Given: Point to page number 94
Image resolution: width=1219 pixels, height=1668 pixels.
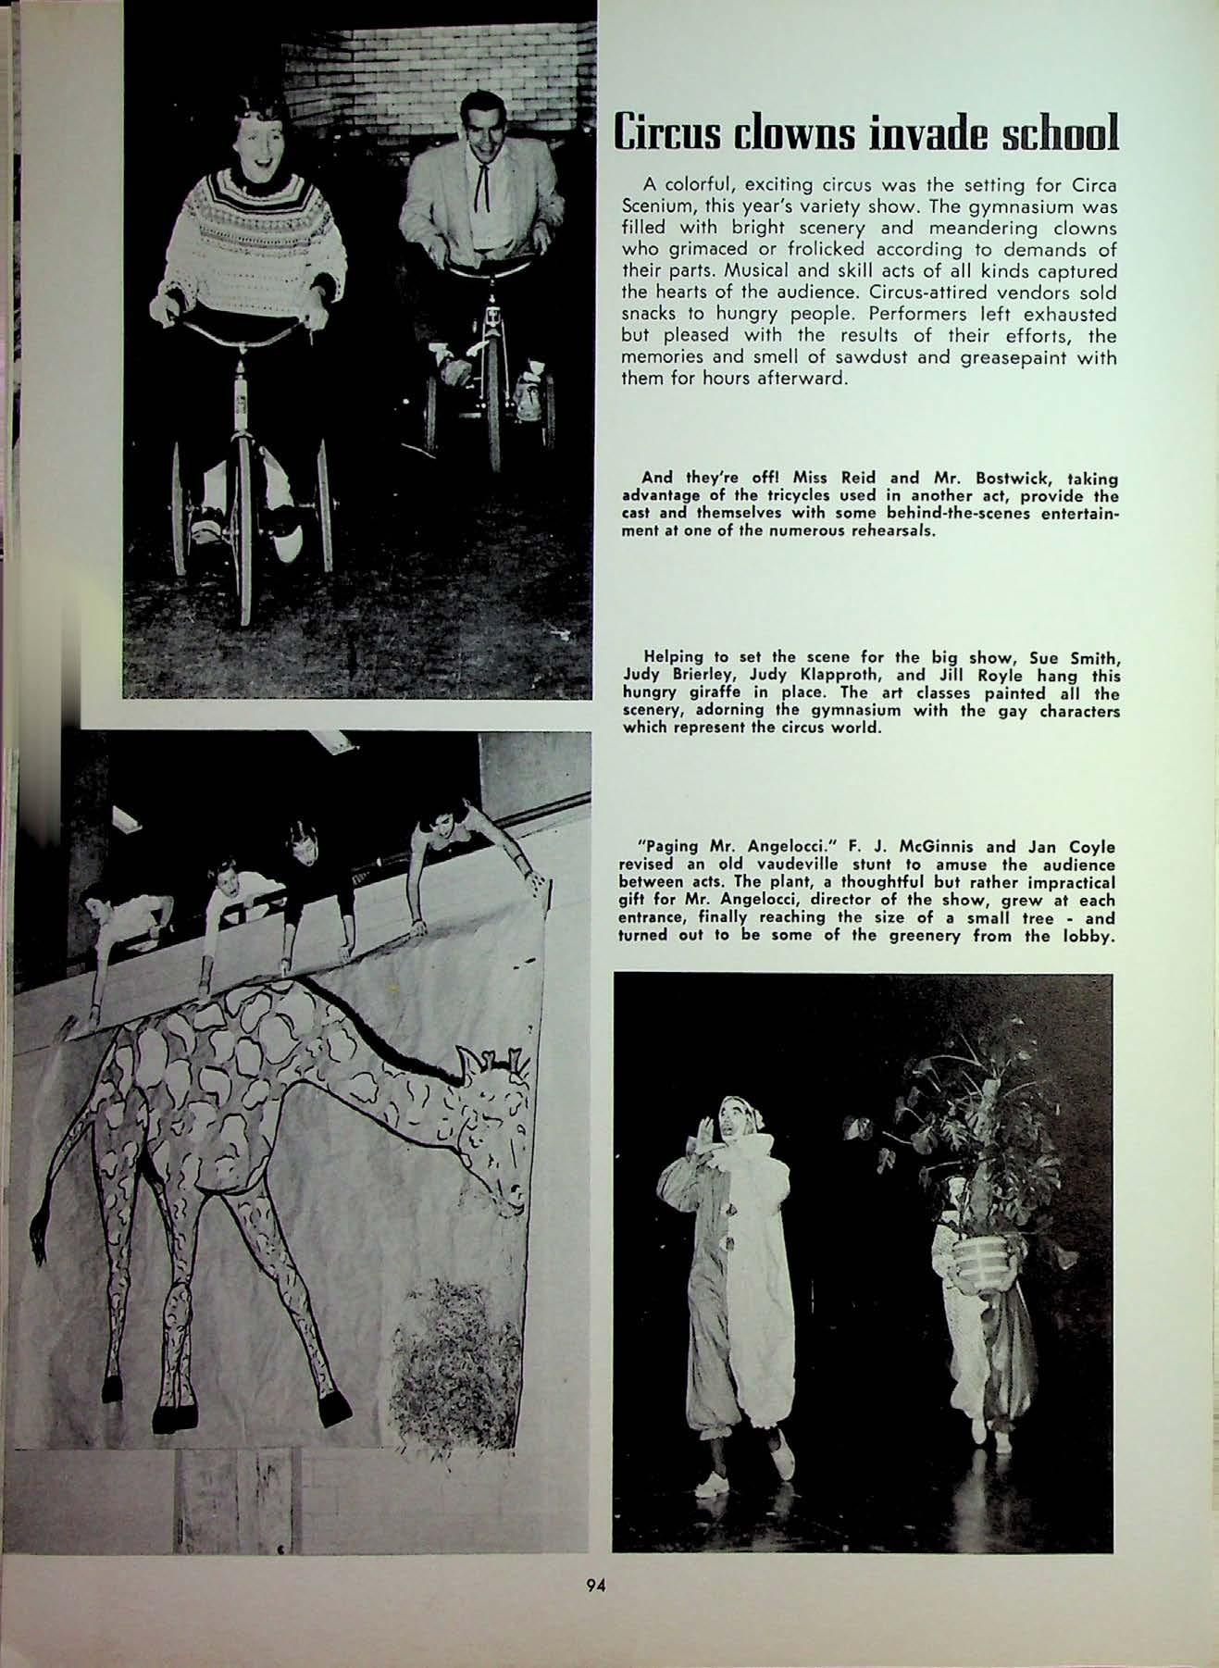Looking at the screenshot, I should [595, 1584].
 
